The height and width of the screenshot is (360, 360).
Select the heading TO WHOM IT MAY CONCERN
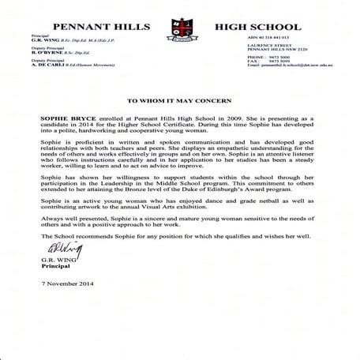tap(179, 102)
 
